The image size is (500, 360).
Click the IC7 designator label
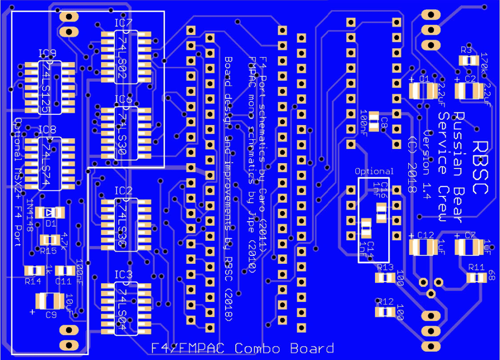point(124,23)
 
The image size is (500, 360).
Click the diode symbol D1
point(50,212)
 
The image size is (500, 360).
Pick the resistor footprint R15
point(49,239)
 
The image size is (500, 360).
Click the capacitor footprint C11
point(64,270)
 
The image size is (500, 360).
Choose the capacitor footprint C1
point(423,91)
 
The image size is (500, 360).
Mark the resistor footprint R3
point(468,60)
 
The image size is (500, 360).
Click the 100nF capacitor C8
point(374,122)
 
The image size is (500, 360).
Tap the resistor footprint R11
point(475,277)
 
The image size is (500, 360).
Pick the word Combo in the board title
point(259,349)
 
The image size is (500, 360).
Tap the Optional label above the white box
point(374,171)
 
